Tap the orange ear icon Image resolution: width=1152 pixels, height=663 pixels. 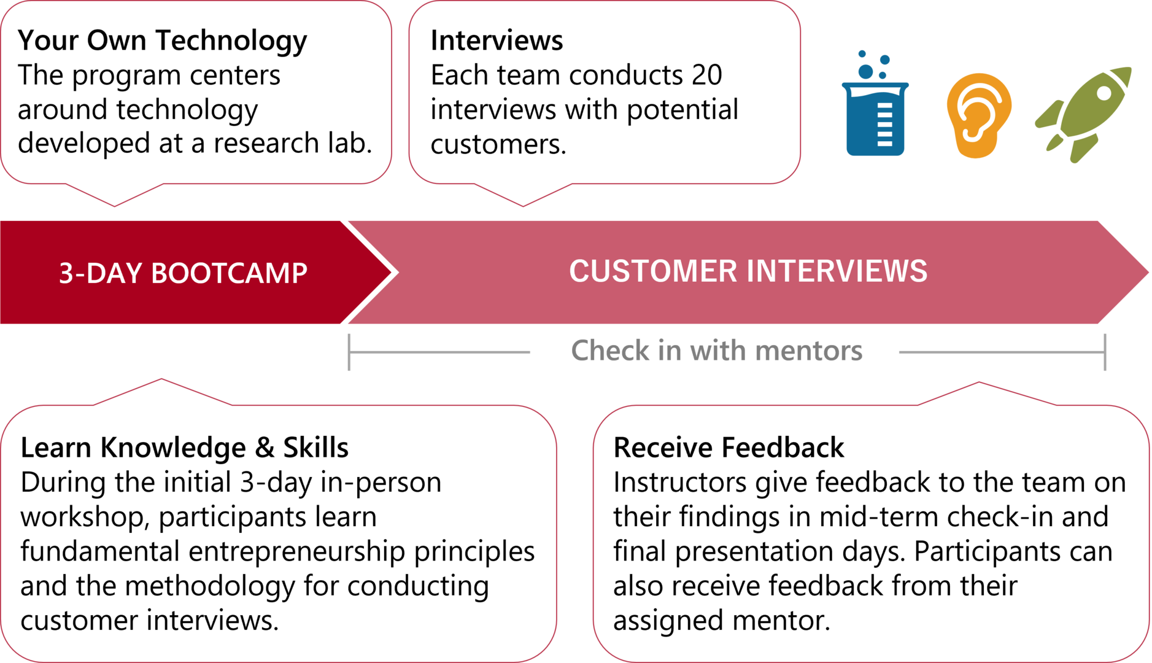pyautogui.click(x=978, y=115)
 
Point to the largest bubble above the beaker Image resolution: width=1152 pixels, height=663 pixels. pyautogui.click(x=865, y=72)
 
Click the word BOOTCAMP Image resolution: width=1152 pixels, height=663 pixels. pyautogui.click(x=229, y=273)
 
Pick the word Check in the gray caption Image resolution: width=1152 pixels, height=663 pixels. pyautogui.click(x=610, y=351)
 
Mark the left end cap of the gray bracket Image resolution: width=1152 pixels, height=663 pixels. pyautogui.click(x=349, y=352)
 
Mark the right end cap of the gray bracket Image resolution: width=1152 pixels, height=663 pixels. pyautogui.click(x=1105, y=352)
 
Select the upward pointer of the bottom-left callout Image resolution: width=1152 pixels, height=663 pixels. pyautogui.click(x=161, y=379)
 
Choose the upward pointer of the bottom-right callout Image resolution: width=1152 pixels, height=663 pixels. pyautogui.click(x=979, y=383)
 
